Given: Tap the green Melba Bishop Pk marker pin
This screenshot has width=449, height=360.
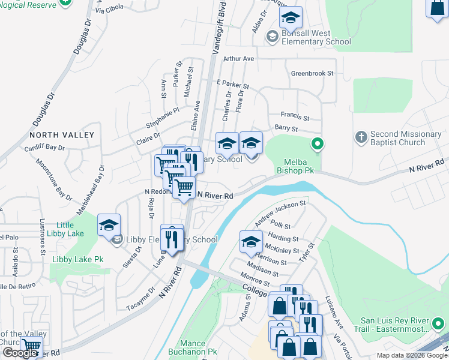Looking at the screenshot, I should point(318,144).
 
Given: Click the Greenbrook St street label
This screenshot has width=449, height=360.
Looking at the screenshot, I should point(312,74).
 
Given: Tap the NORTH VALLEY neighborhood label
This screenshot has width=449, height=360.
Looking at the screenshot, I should point(62,135).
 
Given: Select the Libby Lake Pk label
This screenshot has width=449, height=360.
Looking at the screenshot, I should point(78,260).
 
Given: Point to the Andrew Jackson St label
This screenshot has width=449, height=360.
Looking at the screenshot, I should point(280,214).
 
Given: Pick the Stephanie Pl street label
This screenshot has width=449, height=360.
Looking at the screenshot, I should point(163,118).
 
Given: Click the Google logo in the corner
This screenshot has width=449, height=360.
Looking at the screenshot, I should point(19,353).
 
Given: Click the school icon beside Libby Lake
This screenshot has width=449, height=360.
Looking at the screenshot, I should point(109,225).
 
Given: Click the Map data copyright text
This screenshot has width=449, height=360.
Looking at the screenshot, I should point(411,355).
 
